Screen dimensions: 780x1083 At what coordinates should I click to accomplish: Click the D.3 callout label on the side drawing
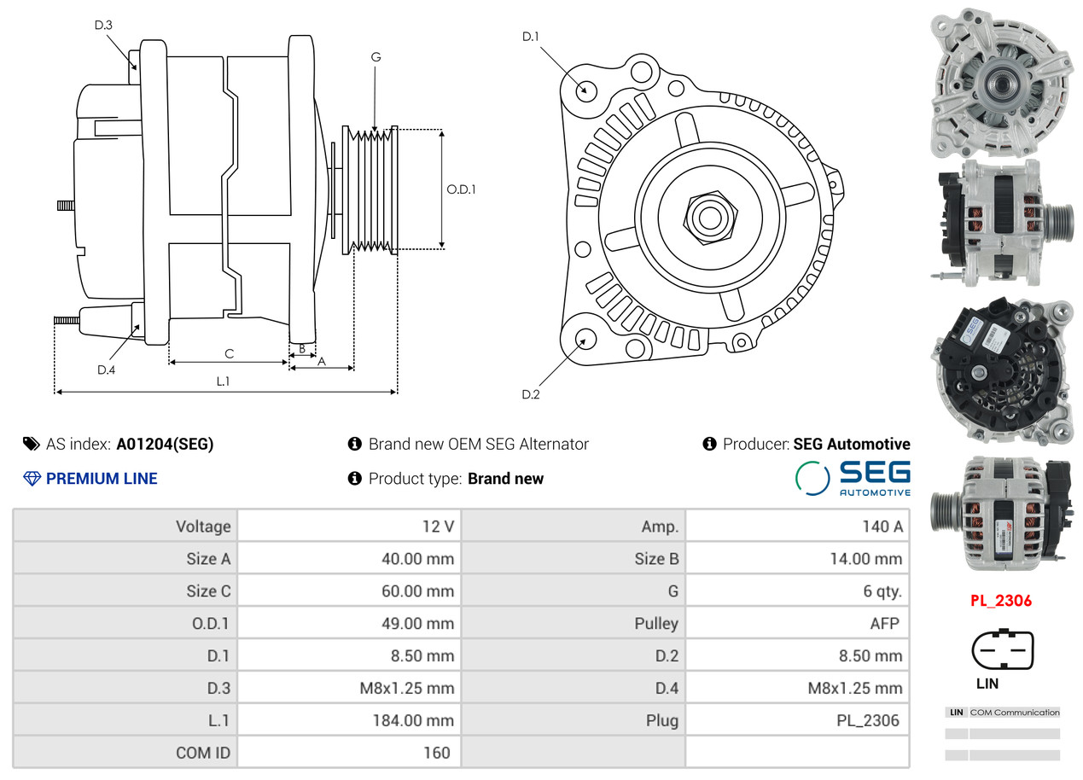coord(103,25)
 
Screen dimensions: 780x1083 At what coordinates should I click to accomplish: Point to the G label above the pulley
coord(376,57)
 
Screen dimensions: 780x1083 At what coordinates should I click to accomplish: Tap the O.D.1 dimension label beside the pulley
coord(462,189)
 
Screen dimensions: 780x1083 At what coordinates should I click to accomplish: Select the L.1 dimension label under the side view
coord(223,381)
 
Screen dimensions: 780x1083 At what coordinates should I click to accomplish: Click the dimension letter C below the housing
coord(229,353)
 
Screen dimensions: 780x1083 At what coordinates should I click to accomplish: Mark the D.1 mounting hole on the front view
coord(585,89)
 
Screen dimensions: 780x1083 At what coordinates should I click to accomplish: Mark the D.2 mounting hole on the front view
coord(585,339)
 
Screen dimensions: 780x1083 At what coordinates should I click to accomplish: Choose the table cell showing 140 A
coord(882,527)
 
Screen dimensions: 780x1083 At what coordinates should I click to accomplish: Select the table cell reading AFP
coord(884,624)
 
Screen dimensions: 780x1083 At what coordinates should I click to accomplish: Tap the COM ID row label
coord(203,753)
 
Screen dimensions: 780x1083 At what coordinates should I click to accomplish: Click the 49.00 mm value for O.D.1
coord(417,624)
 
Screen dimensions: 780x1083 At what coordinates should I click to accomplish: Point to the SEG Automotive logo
coord(853,478)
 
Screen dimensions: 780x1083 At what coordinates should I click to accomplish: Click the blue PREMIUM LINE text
coord(102,479)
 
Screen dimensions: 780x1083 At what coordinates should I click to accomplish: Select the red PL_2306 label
coord(1001,601)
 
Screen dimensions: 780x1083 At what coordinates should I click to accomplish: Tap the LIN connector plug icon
coord(1002,650)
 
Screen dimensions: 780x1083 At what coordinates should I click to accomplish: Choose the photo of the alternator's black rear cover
coord(1000,370)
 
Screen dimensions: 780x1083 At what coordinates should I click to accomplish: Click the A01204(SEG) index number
coord(165,444)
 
